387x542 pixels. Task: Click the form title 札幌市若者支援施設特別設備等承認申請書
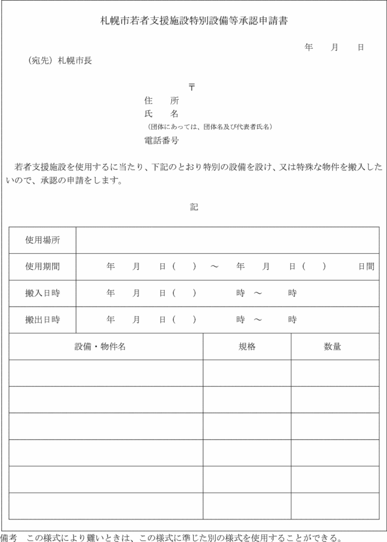pyautogui.click(x=194, y=21)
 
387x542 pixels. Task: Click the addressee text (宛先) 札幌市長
pyautogui.click(x=59, y=60)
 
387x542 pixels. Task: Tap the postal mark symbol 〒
pyautogui.click(x=191, y=87)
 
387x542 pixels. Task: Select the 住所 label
pyautogui.click(x=161, y=101)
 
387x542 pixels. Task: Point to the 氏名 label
pyautogui.click(x=161, y=114)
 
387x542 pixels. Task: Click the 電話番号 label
pyautogui.click(x=161, y=141)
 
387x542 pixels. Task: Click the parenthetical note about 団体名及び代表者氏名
pyautogui.click(x=210, y=127)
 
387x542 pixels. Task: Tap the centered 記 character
pyautogui.click(x=194, y=207)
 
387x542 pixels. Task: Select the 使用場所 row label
pyautogui.click(x=42, y=240)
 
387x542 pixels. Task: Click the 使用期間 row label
pyautogui.click(x=42, y=267)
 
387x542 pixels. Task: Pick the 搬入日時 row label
pyautogui.click(x=42, y=293)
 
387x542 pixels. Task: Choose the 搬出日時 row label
pyautogui.click(x=42, y=320)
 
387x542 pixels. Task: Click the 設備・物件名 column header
pyautogui.click(x=100, y=346)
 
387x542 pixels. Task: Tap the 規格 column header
pyautogui.click(x=247, y=346)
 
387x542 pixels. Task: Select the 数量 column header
pyautogui.click(x=332, y=346)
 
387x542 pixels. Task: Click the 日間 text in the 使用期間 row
pyautogui.click(x=366, y=267)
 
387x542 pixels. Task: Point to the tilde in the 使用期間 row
pyautogui.click(x=215, y=267)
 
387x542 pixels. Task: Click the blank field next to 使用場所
pyautogui.click(x=227, y=240)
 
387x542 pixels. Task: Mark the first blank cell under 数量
pyautogui.click(x=335, y=373)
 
